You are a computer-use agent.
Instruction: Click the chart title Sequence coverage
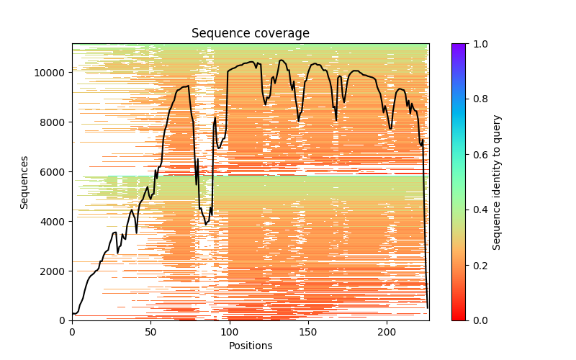(250, 34)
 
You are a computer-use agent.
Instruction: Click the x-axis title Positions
(250, 346)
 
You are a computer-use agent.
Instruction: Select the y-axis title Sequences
(24, 182)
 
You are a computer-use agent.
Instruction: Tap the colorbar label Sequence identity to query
(497, 182)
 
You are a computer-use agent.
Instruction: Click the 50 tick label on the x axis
(150, 331)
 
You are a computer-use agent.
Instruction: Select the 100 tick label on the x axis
(229, 331)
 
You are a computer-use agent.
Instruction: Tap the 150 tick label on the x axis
(307, 331)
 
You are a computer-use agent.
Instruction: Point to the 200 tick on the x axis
(387, 331)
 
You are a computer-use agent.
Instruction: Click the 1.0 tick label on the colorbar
(477, 44)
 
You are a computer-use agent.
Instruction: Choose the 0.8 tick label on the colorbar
(477, 99)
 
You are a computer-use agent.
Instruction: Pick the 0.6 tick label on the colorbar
(477, 155)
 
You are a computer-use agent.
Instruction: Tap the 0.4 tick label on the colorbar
(477, 210)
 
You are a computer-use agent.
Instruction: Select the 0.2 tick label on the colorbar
(477, 265)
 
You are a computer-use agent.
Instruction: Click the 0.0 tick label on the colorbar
(477, 320)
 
